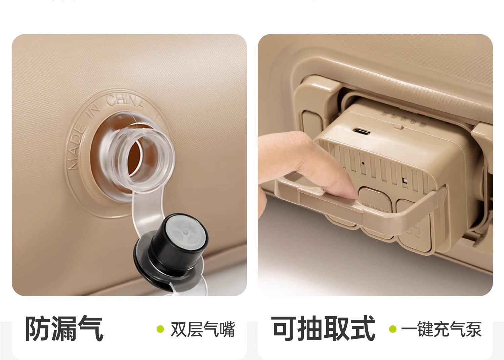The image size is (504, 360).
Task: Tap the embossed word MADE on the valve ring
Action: coord(76,148)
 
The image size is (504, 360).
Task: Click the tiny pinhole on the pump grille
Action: coord(363,164)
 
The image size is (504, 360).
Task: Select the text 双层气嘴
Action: coord(203,329)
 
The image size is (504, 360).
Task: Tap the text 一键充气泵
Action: coord(441,329)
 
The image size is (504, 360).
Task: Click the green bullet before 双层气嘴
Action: coord(161,329)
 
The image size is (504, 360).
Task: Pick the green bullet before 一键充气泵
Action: coord(393,329)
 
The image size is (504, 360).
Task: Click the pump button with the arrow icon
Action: coord(413,229)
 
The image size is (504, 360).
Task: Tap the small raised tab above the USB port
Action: coord(398,126)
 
